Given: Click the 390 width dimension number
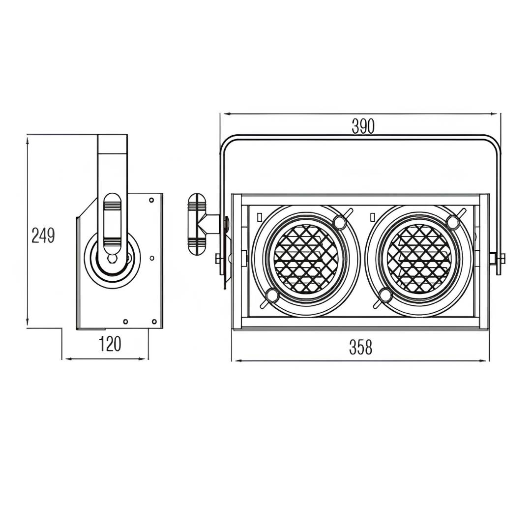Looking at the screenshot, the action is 363,127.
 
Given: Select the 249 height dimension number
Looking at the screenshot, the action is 43,236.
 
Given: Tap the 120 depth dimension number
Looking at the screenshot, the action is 110,344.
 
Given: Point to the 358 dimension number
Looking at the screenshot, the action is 361,348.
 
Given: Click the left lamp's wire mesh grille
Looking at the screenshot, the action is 305,259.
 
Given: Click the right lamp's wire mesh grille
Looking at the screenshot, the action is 419,259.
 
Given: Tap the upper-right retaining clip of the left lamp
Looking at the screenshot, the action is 340,221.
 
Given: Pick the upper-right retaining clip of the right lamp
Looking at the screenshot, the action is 453,221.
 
